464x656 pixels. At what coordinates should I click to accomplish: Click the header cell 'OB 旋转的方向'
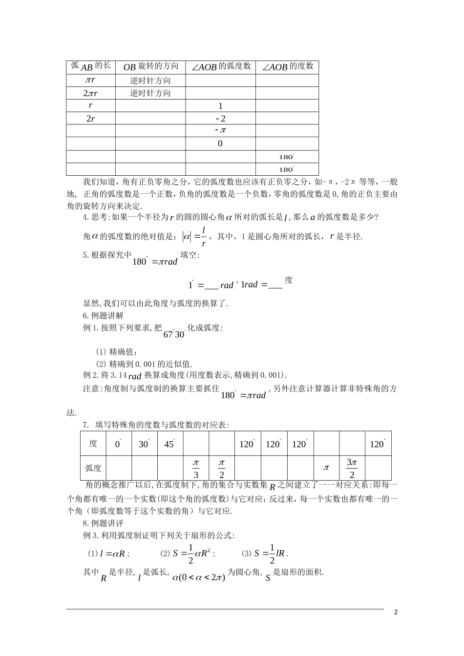click(150, 67)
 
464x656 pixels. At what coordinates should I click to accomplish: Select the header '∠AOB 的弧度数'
click(220, 67)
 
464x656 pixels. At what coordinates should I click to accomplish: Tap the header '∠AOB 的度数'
click(287, 67)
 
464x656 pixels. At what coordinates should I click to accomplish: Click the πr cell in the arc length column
click(90, 80)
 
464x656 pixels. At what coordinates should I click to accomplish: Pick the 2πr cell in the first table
click(90, 93)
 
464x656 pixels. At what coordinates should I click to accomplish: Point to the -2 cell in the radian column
click(220, 119)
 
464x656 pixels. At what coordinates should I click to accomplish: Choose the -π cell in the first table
click(220, 131)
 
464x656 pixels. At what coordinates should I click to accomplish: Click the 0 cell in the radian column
click(220, 143)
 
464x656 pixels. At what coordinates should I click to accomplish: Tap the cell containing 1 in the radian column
click(220, 106)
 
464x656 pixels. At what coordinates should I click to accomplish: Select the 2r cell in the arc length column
click(90, 119)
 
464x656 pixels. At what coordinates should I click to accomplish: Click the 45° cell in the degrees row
click(170, 444)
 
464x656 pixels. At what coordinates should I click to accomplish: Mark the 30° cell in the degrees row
click(144, 444)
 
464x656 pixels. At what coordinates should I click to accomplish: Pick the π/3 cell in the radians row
click(196, 468)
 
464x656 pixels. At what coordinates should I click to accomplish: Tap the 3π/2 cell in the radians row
click(352, 468)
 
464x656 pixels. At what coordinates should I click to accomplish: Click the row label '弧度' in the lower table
click(93, 468)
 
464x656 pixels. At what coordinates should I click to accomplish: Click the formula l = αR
click(113, 553)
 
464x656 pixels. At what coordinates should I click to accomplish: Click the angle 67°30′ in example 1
click(174, 334)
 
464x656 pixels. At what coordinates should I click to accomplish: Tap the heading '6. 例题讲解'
click(103, 315)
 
